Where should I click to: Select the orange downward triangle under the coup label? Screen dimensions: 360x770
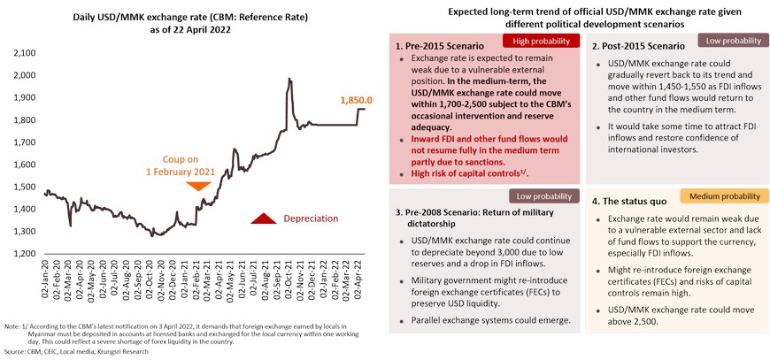(x=199, y=187)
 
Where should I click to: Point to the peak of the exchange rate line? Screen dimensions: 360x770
(x=289, y=80)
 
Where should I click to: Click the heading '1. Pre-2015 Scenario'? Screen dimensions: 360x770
(x=442, y=46)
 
